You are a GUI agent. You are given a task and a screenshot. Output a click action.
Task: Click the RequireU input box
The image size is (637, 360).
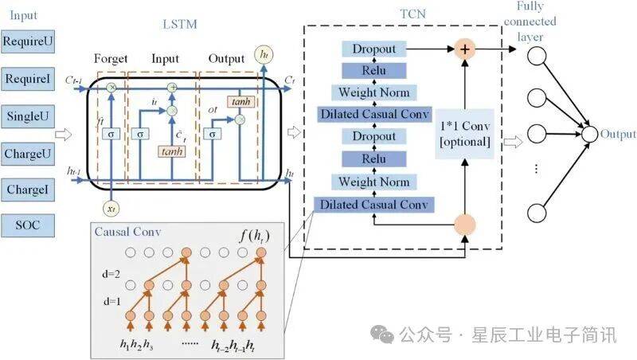tap(27, 40)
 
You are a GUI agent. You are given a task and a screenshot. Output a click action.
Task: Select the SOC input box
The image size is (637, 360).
tap(27, 225)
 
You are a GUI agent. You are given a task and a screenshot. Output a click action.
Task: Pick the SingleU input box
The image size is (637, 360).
tap(27, 117)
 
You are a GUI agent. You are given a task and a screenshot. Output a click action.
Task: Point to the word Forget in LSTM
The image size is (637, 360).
tap(111, 58)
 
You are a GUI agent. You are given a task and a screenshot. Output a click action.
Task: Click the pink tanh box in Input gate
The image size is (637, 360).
tap(172, 151)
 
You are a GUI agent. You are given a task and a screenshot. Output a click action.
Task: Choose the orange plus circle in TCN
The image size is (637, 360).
tap(465, 49)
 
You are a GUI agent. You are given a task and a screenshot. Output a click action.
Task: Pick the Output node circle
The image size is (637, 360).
tap(590, 135)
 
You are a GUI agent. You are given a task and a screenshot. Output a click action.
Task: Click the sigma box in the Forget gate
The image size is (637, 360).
tap(112, 134)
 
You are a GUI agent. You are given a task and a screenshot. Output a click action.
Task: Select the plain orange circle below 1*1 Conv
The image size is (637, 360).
tap(465, 224)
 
